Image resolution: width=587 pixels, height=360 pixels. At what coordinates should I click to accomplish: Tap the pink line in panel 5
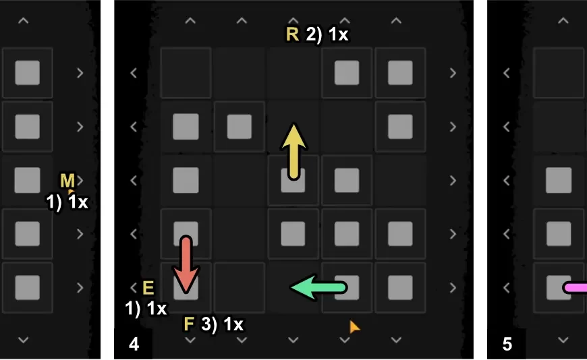(x=575, y=288)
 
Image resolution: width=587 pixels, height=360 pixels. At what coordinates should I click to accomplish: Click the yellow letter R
(x=292, y=34)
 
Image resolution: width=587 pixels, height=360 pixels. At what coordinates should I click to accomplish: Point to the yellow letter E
(x=148, y=289)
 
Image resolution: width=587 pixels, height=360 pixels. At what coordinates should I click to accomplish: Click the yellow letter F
(x=190, y=324)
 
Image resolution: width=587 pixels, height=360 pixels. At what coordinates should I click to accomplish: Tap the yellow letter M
(x=67, y=180)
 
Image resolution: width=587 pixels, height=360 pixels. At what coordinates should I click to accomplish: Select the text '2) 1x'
(x=327, y=34)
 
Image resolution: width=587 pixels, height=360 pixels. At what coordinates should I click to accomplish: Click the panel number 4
(x=134, y=344)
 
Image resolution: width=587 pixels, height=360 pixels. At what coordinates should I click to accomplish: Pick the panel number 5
(x=507, y=344)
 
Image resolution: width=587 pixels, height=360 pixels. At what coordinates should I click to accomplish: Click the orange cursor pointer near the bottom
(x=354, y=327)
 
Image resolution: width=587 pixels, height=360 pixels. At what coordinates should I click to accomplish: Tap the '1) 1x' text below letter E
(x=146, y=309)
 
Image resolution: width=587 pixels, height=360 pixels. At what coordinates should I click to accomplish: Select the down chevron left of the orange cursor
(x=294, y=339)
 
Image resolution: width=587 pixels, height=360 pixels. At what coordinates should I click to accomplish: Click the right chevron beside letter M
(x=80, y=180)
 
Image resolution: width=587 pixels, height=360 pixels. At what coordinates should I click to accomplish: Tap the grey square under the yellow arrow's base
(x=293, y=180)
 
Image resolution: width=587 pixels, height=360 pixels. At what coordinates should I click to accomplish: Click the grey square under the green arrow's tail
(x=347, y=288)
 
